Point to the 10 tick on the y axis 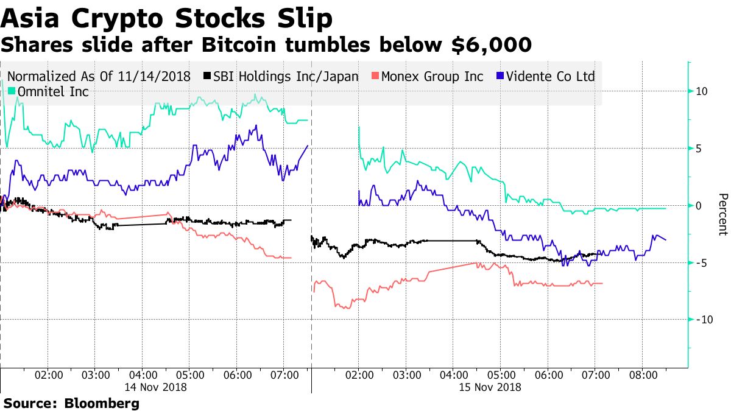(x=701, y=91)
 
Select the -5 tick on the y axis (x=701, y=262)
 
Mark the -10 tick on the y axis (x=702, y=320)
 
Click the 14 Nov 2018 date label (x=155, y=386)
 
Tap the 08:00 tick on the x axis (x=643, y=375)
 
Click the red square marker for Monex (x=376, y=76)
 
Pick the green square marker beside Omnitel (x=12, y=92)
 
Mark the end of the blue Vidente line (x=666, y=240)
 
